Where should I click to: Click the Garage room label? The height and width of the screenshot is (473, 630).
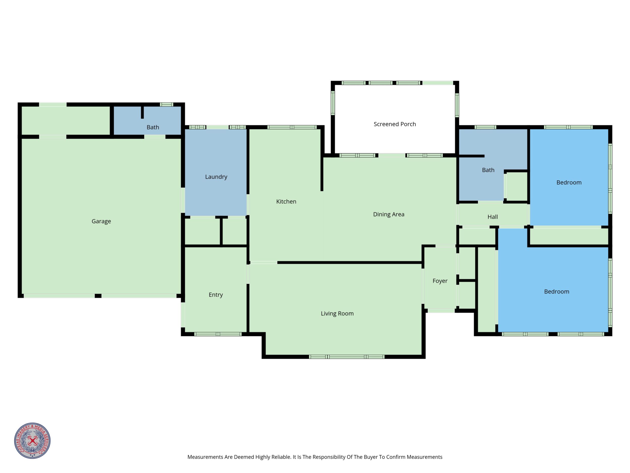coord(101,221)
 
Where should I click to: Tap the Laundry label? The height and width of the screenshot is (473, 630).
coord(216,177)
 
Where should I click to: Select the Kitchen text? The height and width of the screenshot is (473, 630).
coord(286,202)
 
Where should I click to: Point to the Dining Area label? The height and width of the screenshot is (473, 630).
coord(388,215)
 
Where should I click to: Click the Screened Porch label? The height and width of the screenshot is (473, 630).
coord(395,124)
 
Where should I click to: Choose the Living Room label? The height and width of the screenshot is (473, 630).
coord(337,314)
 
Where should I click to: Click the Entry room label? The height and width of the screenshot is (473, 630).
coord(216,295)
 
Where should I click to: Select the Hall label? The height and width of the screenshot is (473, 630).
coord(492,217)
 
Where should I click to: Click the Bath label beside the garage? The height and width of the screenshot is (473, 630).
coord(153,127)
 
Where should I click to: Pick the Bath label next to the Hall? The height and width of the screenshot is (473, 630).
coord(488,170)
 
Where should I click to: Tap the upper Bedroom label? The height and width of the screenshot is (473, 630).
coord(569,182)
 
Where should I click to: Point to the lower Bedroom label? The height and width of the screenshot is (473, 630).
coord(557,292)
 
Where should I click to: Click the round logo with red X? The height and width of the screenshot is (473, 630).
coord(33,441)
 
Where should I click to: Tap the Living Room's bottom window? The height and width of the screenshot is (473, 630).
coord(347,357)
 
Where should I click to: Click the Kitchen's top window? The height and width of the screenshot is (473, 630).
coord(292,127)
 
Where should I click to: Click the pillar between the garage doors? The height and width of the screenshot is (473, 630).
coord(98,296)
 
